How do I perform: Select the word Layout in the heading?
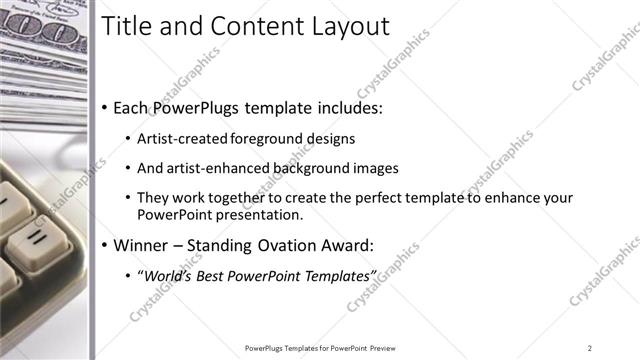click(346, 26)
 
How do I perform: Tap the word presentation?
click(258, 214)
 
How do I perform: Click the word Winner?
click(141, 245)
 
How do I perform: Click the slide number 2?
click(589, 347)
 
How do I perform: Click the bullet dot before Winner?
click(105, 246)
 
